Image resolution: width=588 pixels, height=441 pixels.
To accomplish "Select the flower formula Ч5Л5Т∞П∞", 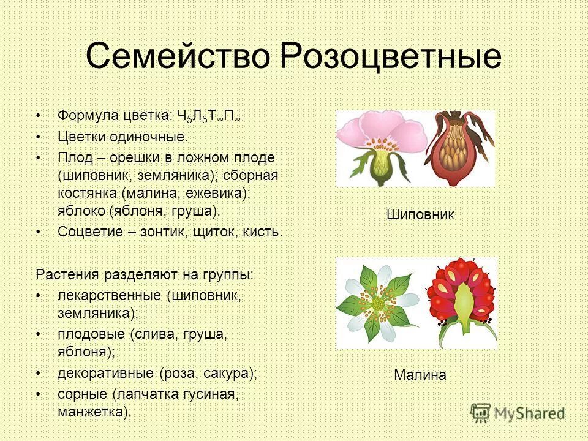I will pos(208,116).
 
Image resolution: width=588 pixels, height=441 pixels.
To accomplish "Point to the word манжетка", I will pos(92,411).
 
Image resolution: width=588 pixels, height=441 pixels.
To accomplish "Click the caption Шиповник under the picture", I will pos(420,214).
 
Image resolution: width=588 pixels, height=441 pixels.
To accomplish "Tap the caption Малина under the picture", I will pos(420,375).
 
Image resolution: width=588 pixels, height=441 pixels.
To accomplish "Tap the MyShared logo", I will pos(517,413).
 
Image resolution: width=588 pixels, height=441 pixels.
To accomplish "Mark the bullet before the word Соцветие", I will pos(39,232).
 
